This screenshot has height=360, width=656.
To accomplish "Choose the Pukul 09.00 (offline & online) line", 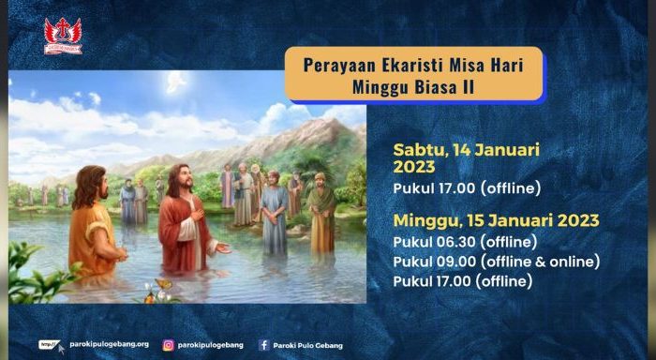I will [x=496, y=261].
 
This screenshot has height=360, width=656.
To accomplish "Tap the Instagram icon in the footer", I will [x=169, y=345].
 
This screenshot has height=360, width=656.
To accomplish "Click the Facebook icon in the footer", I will [x=264, y=345].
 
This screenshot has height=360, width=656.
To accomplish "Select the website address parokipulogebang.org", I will [x=109, y=345].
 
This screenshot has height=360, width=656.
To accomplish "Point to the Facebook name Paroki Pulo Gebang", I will [x=308, y=345].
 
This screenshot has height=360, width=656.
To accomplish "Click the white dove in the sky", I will [x=176, y=81].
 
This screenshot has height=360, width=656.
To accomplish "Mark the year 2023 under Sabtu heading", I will [x=414, y=167].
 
